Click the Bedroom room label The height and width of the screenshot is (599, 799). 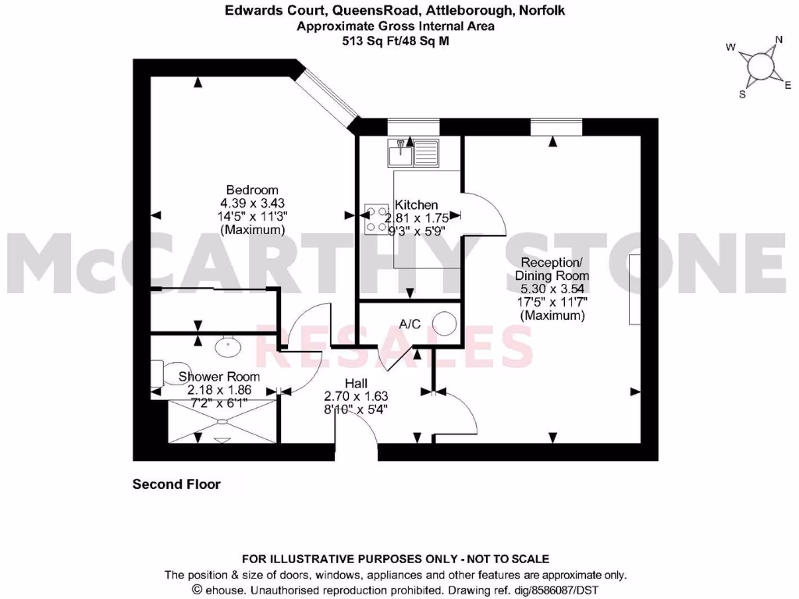251,190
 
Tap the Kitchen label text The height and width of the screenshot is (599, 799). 417,204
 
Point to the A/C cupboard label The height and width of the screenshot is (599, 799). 410,323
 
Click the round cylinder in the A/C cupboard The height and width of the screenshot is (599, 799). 445,324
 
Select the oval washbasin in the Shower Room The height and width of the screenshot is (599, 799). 226,342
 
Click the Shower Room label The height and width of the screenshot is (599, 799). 219,377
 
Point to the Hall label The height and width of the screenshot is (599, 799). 356,383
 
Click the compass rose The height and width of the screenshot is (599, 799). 758,67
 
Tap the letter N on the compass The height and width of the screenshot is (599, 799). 778,41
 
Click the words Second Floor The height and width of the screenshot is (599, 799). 176,484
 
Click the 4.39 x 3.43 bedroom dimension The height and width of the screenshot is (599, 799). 251,204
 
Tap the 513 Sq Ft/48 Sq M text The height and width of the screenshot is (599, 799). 396,41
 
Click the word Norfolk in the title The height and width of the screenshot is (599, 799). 538,11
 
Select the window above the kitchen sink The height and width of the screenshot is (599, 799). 414,125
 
